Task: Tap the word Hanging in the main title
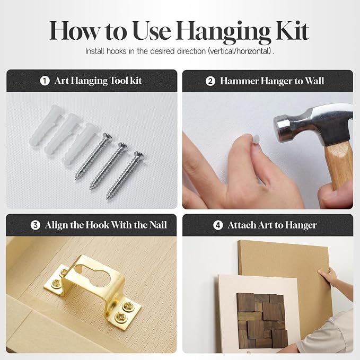click(224, 32)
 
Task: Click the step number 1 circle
click(45, 81)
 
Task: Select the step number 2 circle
click(210, 81)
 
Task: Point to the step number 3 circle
click(36, 225)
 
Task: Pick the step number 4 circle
click(218, 225)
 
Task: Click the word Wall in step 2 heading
click(314, 81)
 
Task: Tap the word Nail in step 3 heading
click(158, 225)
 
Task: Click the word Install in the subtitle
click(94, 51)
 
